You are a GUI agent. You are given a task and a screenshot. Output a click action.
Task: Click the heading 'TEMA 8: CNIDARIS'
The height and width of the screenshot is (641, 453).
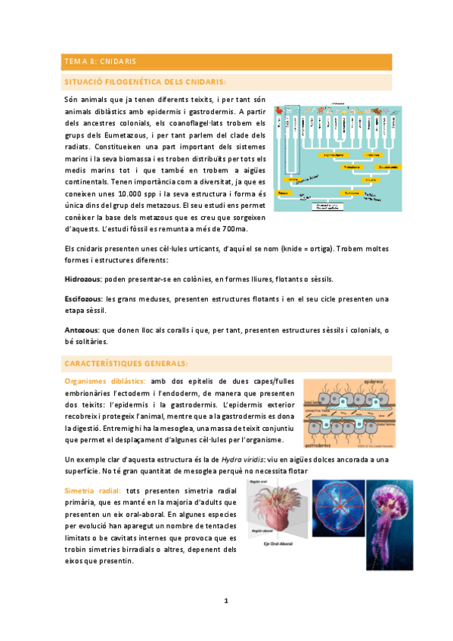pyautogui.click(x=100, y=61)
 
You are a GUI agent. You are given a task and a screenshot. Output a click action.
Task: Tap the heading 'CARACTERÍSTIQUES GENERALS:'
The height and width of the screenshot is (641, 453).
pyautogui.click(x=126, y=363)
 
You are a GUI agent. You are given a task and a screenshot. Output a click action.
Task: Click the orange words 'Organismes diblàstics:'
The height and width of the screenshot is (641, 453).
pyautogui.click(x=105, y=382)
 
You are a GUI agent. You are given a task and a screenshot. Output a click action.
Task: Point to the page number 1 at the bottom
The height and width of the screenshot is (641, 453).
pyautogui.click(x=225, y=600)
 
